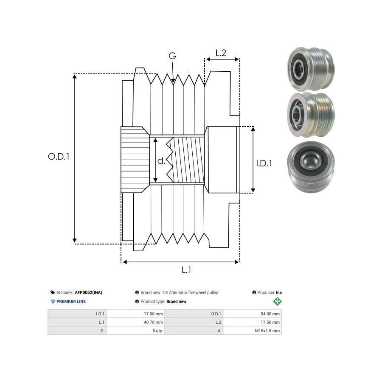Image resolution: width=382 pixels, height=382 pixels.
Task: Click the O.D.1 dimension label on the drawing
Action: [59, 156]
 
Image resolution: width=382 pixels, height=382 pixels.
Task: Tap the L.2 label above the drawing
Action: [221, 53]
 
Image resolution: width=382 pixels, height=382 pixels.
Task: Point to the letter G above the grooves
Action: [172, 56]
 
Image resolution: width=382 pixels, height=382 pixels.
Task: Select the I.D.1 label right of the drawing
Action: [264, 163]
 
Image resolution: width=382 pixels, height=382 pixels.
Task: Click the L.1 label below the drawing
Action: [186, 270]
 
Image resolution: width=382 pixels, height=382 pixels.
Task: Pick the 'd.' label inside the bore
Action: [161, 161]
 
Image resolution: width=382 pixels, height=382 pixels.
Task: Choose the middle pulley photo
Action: [309, 114]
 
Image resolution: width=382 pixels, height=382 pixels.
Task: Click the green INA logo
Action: [277, 301]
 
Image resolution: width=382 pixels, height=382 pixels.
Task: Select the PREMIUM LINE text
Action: [71, 301]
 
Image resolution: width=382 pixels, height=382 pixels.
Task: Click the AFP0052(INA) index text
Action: [88, 292]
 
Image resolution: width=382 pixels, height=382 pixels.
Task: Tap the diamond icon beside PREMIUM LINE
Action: [53, 301]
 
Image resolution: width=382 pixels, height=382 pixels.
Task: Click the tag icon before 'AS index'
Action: [52, 292]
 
